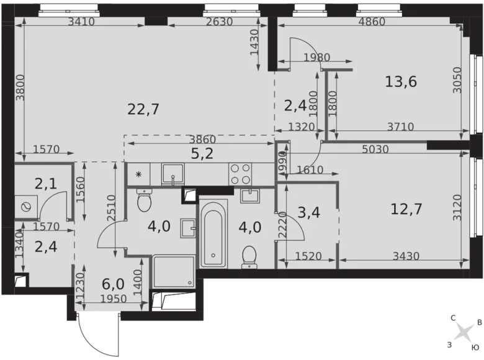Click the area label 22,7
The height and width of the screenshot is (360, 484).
(x=143, y=110)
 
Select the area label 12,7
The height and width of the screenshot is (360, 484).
(x=406, y=209)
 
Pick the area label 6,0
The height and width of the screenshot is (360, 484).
(x=114, y=285)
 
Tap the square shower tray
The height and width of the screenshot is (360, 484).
(x=174, y=271)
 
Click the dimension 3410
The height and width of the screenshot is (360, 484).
(x=81, y=22)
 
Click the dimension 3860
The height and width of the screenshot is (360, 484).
(x=202, y=140)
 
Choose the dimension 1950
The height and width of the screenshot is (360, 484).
(x=113, y=299)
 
